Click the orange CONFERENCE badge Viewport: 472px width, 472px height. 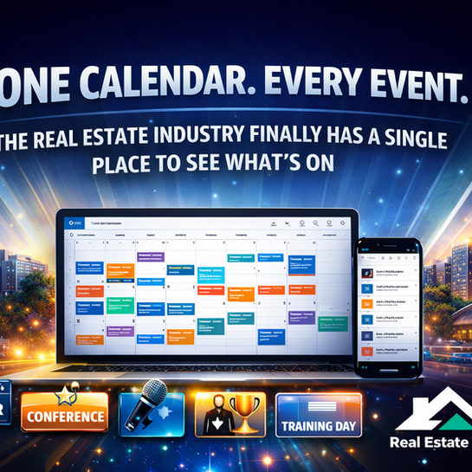(65, 417)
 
